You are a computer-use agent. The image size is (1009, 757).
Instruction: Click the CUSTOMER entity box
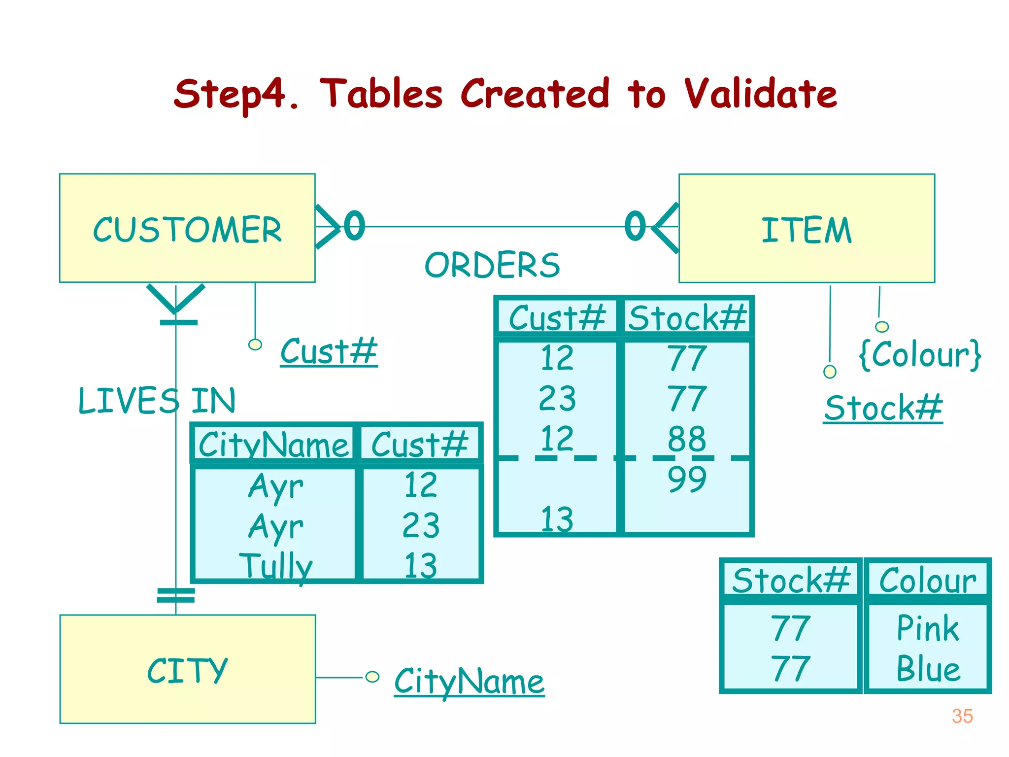coord(187,228)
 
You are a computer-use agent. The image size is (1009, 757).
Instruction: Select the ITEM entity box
coord(807,229)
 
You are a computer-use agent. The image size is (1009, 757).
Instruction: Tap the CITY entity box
coord(187,669)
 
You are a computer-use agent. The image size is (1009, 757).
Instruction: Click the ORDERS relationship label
coord(492,265)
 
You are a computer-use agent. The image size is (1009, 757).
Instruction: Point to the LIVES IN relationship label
coord(157,400)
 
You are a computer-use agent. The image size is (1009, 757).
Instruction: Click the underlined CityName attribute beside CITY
coord(469,681)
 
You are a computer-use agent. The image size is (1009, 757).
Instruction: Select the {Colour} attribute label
coord(920,354)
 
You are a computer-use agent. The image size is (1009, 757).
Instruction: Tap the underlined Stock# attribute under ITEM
coord(883,408)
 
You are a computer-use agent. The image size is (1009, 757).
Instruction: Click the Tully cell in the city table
coord(276,566)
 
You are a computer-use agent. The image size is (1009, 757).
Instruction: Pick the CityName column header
coord(273,445)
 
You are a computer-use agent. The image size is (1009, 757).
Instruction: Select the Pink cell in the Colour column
coord(928,628)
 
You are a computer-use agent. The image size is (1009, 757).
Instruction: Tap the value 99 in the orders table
coord(687,479)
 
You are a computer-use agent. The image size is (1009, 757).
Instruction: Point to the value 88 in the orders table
coord(687,439)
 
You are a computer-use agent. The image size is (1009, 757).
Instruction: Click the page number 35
coord(962,716)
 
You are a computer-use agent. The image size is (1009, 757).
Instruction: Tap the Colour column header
coord(928,581)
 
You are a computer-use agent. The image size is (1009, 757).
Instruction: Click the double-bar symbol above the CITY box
coord(176,595)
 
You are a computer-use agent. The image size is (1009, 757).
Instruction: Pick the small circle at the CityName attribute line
coord(372,677)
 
